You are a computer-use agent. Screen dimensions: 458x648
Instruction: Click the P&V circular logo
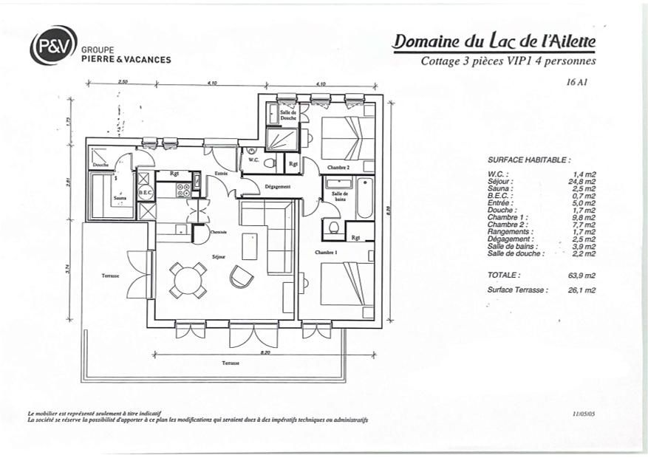click(x=53, y=45)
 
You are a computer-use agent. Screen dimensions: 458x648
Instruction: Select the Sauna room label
click(x=119, y=198)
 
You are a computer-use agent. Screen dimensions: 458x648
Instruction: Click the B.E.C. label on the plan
click(x=146, y=192)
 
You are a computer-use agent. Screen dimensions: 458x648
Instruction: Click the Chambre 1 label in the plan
click(x=326, y=253)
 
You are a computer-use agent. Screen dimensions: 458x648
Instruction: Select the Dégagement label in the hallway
click(x=277, y=187)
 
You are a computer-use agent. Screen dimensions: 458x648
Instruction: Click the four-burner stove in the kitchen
click(x=184, y=190)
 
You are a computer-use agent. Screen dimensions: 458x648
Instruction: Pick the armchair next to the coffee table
click(x=241, y=276)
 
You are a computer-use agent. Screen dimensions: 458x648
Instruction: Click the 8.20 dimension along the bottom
click(x=245, y=352)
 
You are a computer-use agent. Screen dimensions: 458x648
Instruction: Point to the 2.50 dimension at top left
click(x=123, y=82)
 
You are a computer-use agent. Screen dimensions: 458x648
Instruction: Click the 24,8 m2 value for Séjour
click(x=584, y=181)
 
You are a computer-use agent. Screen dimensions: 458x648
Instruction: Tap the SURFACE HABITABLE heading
click(x=529, y=160)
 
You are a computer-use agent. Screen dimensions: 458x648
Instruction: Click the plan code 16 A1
click(x=575, y=83)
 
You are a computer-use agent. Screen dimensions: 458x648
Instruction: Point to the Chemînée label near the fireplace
click(x=218, y=233)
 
